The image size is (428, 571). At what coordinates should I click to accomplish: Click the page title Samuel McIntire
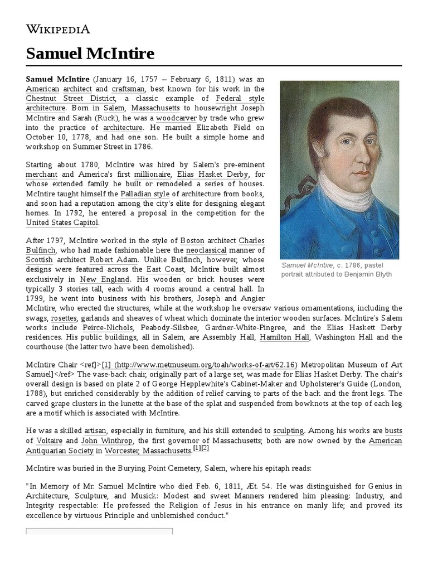[90, 54]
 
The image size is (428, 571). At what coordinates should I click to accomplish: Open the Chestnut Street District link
[70, 99]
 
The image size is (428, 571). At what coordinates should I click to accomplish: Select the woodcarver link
[177, 118]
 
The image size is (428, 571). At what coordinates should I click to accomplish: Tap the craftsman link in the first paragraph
[128, 89]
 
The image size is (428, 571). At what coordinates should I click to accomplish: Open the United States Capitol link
[62, 222]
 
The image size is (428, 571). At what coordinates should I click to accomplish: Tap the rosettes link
[63, 317]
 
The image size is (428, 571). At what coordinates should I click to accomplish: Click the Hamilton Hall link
[286, 337]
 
